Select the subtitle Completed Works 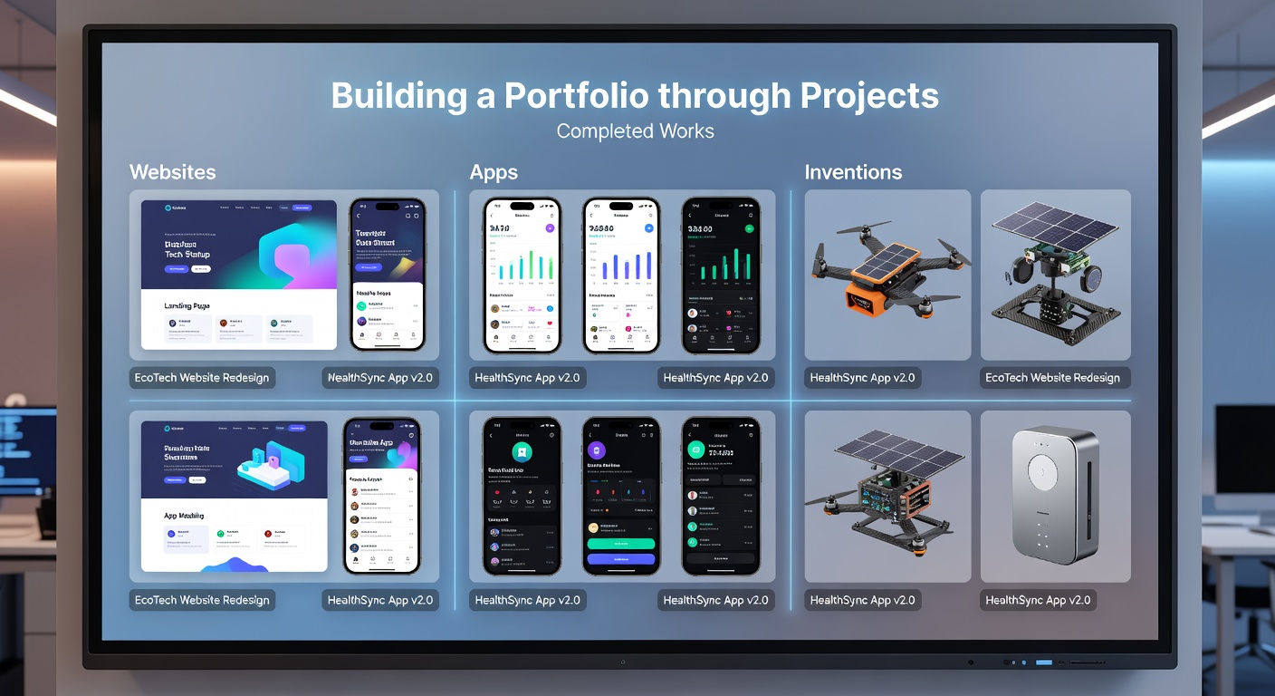(635, 131)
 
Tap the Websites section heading (172, 172)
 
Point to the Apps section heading (494, 172)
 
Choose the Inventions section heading (853, 172)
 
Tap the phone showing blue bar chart (621, 275)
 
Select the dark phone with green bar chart (720, 275)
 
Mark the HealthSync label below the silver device (1038, 600)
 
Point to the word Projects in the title (868, 96)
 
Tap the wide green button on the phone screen (621, 544)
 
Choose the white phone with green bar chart (522, 275)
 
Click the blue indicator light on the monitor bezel (1044, 662)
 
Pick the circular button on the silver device (1043, 471)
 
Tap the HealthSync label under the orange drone (862, 378)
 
